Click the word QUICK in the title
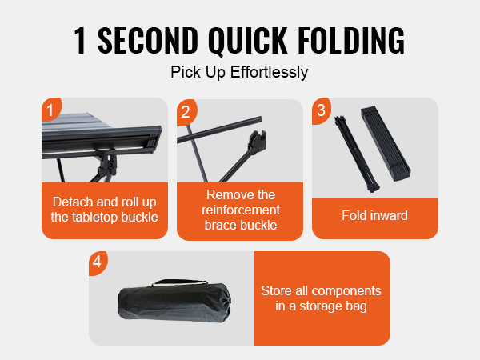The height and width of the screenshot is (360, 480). pyautogui.click(x=248, y=41)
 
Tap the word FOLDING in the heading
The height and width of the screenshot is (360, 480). pyautogui.click(x=351, y=40)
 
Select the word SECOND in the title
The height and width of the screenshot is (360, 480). pyautogui.click(x=147, y=40)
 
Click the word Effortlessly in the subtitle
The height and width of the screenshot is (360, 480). pyautogui.click(x=269, y=73)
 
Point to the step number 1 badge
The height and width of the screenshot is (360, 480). pyautogui.click(x=50, y=110)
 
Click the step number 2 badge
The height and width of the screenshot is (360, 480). pyautogui.click(x=186, y=112)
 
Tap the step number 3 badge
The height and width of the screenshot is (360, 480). pyautogui.click(x=321, y=110)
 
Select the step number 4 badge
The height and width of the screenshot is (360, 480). pyautogui.click(x=98, y=262)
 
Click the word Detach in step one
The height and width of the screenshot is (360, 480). pyautogui.click(x=73, y=202)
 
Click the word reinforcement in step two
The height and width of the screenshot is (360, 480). pyautogui.click(x=241, y=210)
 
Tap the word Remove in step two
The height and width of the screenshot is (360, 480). pyautogui.click(x=226, y=194)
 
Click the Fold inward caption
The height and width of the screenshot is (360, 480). pyautogui.click(x=374, y=215)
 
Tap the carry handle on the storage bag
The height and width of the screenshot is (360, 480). pyautogui.click(x=181, y=282)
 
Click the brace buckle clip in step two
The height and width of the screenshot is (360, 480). pyautogui.click(x=257, y=142)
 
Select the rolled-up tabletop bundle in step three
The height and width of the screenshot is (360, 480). pyautogui.click(x=386, y=143)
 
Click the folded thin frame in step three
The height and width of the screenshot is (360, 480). pyautogui.click(x=357, y=154)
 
